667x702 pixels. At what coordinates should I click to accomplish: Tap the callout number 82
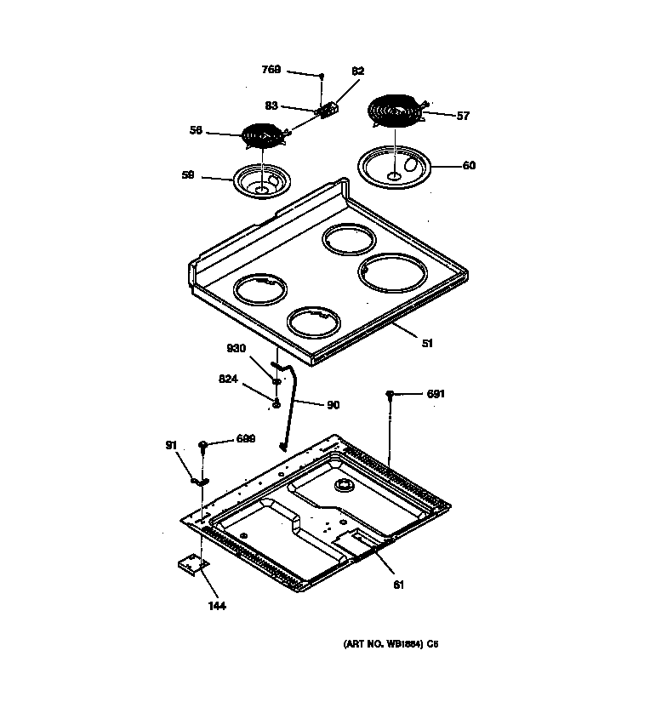coord(357,71)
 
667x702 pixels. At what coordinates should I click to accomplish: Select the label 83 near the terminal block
coord(271,106)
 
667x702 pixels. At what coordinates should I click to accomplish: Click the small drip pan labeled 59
coord(262,181)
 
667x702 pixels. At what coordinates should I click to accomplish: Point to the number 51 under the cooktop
coord(427,344)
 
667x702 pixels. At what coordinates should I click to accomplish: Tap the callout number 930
coord(236,349)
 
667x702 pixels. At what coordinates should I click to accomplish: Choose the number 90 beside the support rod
coord(332,404)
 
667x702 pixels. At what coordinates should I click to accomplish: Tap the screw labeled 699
coord(203,445)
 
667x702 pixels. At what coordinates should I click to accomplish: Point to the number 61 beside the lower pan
coord(397,584)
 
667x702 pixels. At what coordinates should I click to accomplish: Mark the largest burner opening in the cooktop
coord(391,274)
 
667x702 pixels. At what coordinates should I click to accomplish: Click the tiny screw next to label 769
coord(322,77)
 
